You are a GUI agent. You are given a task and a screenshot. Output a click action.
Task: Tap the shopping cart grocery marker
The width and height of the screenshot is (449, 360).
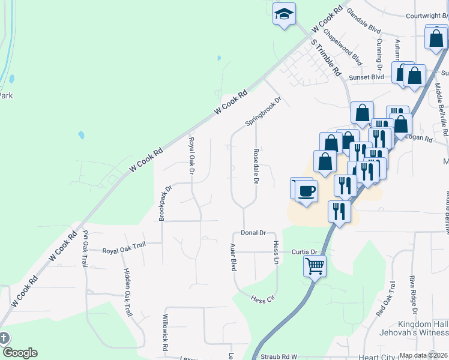tap(315, 265)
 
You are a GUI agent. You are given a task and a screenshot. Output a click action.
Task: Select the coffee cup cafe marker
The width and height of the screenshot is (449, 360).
tap(306, 191)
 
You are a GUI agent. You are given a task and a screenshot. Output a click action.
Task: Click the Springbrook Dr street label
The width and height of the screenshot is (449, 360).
tap(263, 112)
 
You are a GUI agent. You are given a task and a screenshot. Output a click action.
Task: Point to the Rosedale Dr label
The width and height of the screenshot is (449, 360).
tap(256, 166)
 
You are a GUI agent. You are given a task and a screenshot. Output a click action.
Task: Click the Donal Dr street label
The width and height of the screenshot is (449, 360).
tap(253, 232)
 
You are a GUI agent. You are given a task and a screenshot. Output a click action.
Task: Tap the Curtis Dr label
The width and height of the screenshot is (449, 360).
tap(304, 252)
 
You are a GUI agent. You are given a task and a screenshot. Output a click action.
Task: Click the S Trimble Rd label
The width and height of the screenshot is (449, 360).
tap(326, 58)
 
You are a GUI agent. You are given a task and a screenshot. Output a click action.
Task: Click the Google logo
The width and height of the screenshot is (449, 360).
tap(19, 353)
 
